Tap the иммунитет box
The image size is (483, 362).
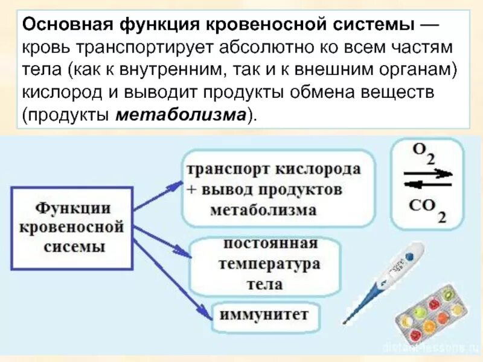[x=263, y=315]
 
